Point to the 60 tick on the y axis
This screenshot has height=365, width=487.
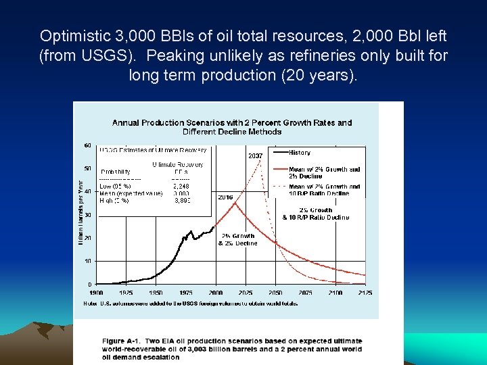pyautogui.click(x=88, y=145)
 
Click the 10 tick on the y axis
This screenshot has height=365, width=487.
pyautogui.click(x=88, y=261)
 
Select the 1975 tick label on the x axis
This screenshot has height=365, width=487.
pyautogui.click(x=186, y=293)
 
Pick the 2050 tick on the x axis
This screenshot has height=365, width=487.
pyautogui.click(x=275, y=293)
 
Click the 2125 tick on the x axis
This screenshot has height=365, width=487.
pyautogui.click(x=365, y=293)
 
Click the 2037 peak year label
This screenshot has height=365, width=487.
pyautogui.click(x=255, y=156)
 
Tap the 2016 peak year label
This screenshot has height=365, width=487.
pyautogui.click(x=225, y=197)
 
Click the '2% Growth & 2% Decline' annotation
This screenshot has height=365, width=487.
pyautogui.click(x=237, y=239)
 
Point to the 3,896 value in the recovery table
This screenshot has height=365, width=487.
pyautogui.click(x=183, y=200)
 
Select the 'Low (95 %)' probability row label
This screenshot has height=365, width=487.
pyautogui.click(x=115, y=186)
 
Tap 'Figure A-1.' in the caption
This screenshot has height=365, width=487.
pyautogui.click(x=122, y=341)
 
